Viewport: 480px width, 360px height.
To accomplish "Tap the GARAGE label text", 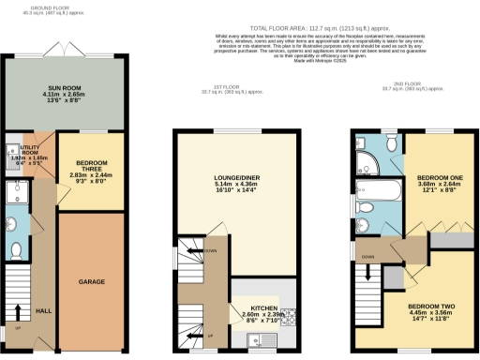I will pos(91,281).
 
